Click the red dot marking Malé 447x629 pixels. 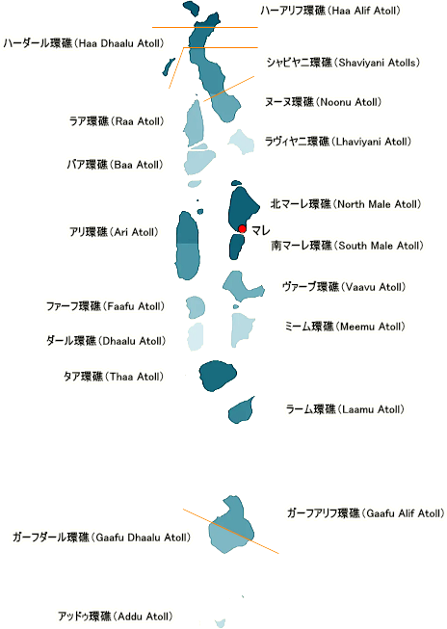click(242, 228)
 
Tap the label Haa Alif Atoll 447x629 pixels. click(330, 11)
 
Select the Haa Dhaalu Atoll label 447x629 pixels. click(84, 43)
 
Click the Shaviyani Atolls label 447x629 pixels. click(343, 63)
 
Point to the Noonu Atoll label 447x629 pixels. click(323, 102)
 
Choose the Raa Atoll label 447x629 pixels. click(117, 121)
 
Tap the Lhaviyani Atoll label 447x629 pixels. click(338, 142)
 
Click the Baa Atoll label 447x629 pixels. click(115, 165)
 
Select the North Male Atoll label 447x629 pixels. click(346, 204)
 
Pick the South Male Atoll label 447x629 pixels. click(347, 246)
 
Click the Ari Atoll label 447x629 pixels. click(114, 232)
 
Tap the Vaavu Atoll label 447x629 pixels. click(344, 287)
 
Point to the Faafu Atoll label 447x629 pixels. click(106, 306)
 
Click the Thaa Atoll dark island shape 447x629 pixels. click(217, 376)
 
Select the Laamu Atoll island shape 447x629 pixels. click(242, 410)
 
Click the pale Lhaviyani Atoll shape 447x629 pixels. click(242, 142)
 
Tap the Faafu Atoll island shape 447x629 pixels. click(196, 307)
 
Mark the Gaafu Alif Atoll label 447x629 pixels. click(365, 513)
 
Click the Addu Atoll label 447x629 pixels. click(116, 616)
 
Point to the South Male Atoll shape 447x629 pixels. click(236, 247)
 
